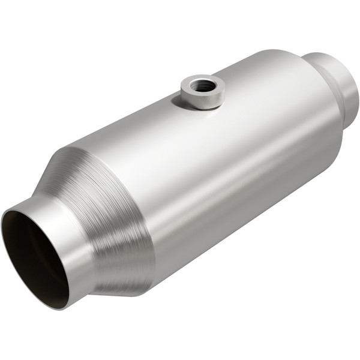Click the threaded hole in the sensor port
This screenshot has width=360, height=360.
pyautogui.click(x=203, y=85)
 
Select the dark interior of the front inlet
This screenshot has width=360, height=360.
pyautogui.click(x=33, y=252)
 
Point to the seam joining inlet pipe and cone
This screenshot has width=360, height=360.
pyautogui.click(x=90, y=240)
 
